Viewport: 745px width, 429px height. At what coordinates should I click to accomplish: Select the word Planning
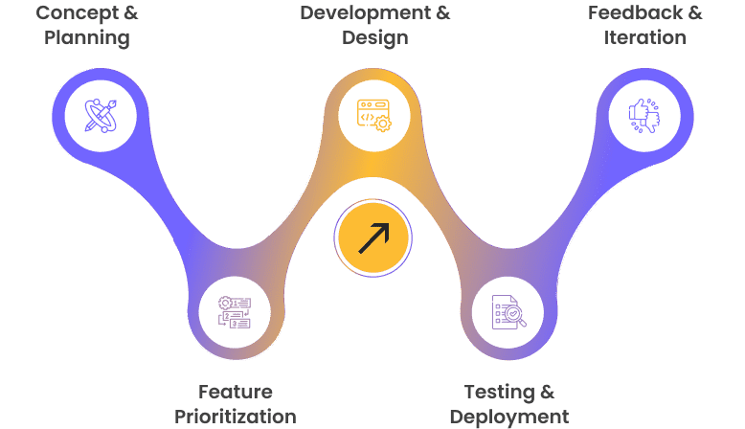(88, 38)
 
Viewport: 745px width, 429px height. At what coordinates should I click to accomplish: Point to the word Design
(374, 38)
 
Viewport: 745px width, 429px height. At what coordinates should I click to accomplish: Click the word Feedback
(633, 13)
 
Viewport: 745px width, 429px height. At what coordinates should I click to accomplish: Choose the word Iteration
(644, 38)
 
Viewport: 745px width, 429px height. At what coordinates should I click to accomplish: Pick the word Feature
(236, 392)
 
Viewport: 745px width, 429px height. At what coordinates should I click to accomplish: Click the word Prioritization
(236, 417)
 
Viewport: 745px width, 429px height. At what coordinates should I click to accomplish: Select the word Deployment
(508, 417)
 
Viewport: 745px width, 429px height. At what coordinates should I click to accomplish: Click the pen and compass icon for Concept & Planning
(101, 116)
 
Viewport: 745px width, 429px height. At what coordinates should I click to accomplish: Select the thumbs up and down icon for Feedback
(644, 116)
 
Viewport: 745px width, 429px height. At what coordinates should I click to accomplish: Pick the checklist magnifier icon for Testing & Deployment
(508, 312)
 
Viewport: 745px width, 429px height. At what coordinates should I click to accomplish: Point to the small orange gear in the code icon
(383, 124)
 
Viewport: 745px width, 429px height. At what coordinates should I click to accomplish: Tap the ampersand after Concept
(129, 13)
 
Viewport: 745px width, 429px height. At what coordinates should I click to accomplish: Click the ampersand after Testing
(546, 392)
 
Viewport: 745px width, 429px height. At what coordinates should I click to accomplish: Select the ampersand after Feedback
(693, 13)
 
